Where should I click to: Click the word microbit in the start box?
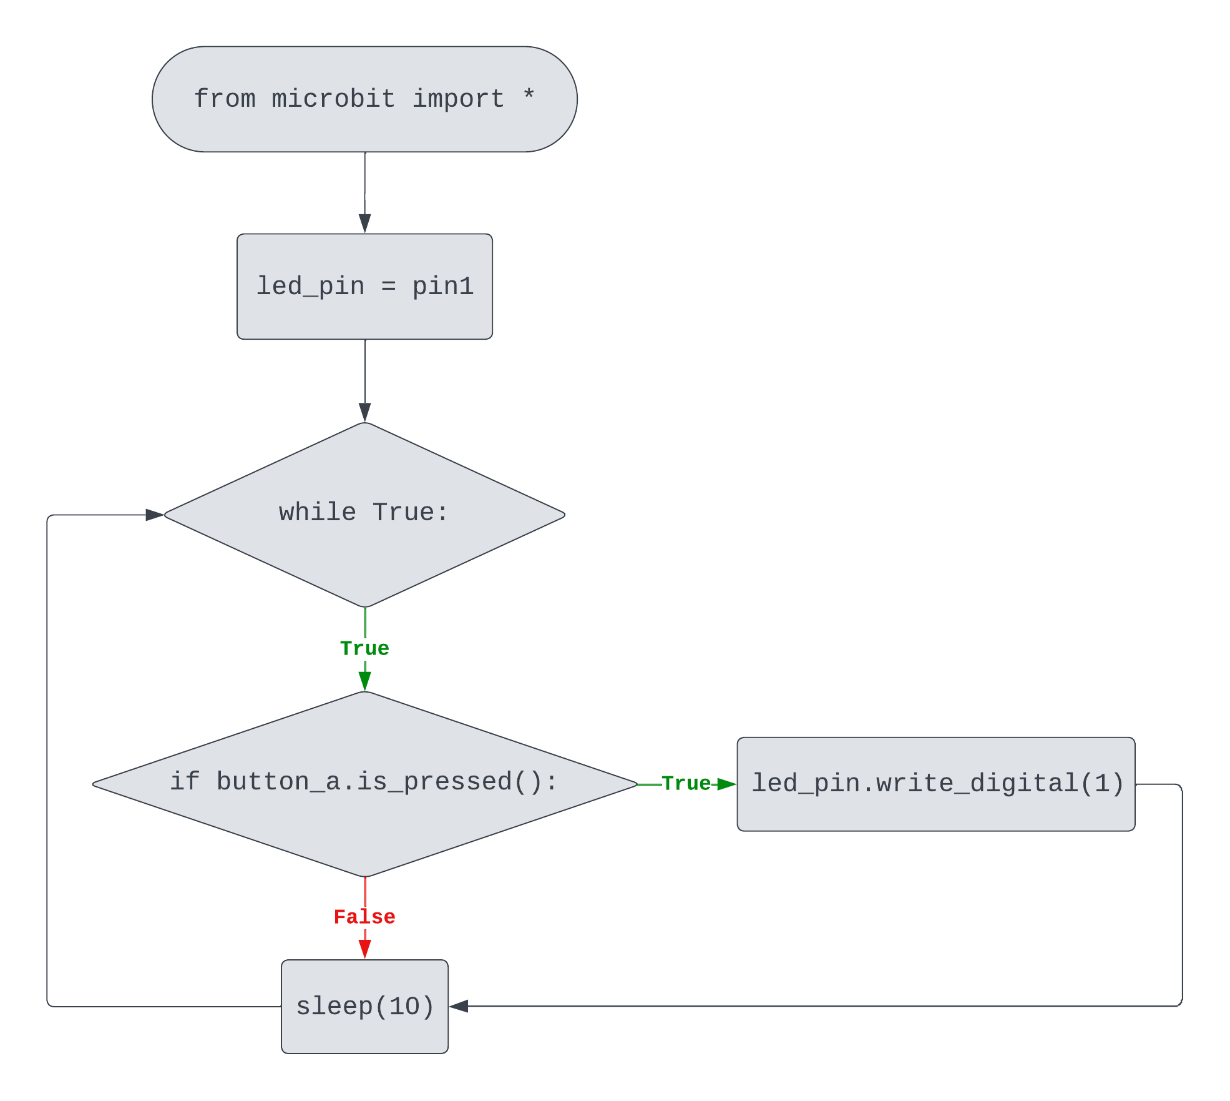coord(333,99)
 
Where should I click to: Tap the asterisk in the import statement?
coord(529,96)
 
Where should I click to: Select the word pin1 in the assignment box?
coord(442,286)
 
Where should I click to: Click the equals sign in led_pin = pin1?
coord(388,286)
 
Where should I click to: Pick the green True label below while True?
coord(364,648)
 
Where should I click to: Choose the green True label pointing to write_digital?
coord(686,783)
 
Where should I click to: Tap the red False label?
coord(364,917)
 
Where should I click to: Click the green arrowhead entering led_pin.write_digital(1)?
coord(726,784)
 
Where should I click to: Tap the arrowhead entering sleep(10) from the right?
coord(459,1006)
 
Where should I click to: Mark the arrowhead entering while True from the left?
coord(154,515)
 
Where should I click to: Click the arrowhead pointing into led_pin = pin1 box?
coord(365,223)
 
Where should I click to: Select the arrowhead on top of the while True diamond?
coord(365,412)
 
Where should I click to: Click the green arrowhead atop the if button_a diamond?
coord(365,681)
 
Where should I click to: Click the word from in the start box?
coord(224,99)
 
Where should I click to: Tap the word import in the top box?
coord(458,99)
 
